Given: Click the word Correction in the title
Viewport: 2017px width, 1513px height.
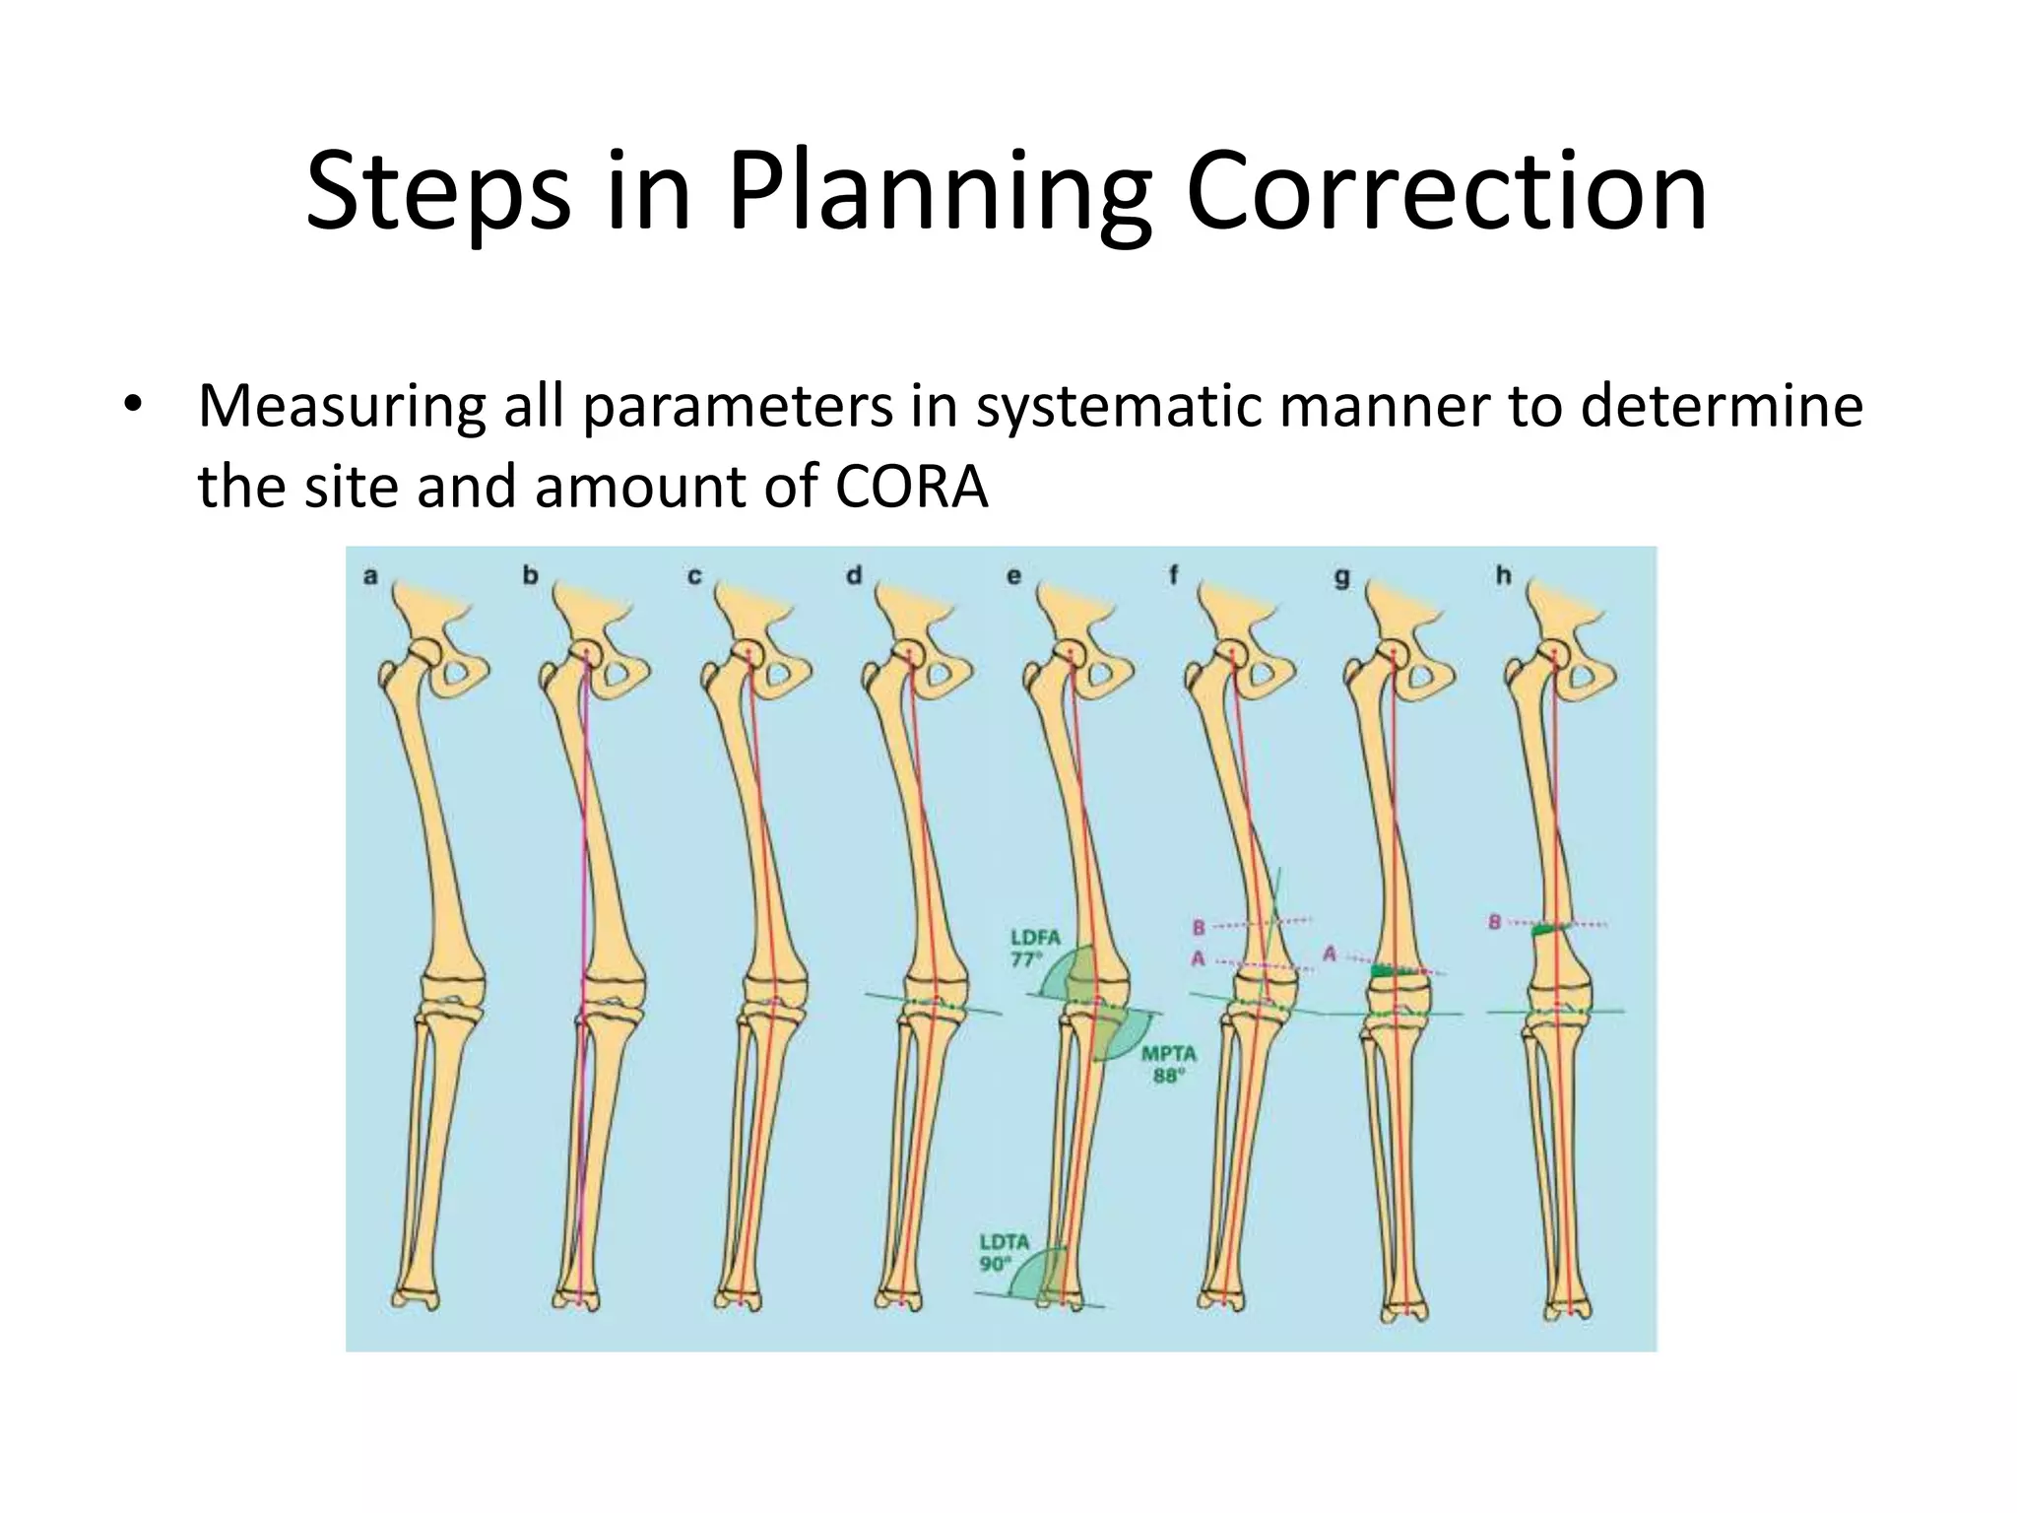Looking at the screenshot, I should click(1446, 191).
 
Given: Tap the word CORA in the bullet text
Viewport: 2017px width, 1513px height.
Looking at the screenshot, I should click(912, 487).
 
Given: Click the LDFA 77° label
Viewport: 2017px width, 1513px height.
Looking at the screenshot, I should click(1034, 948).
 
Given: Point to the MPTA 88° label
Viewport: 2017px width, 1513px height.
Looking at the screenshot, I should click(1168, 1065).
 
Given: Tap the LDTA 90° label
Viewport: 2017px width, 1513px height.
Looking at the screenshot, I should click(1004, 1252).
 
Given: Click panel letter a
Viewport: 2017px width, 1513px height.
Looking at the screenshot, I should click(370, 576).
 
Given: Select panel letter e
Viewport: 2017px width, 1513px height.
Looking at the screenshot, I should click(1014, 576).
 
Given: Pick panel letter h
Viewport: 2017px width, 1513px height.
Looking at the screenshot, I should click(1503, 575).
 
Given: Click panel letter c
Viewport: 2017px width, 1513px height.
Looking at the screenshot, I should click(694, 576).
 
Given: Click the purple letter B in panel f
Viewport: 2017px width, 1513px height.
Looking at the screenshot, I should click(1199, 927).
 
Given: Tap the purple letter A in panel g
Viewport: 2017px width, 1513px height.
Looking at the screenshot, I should click(1329, 954).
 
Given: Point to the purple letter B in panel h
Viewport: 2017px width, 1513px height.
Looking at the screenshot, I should click(1494, 923).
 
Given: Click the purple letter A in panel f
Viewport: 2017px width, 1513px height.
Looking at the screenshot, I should click(1199, 957).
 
